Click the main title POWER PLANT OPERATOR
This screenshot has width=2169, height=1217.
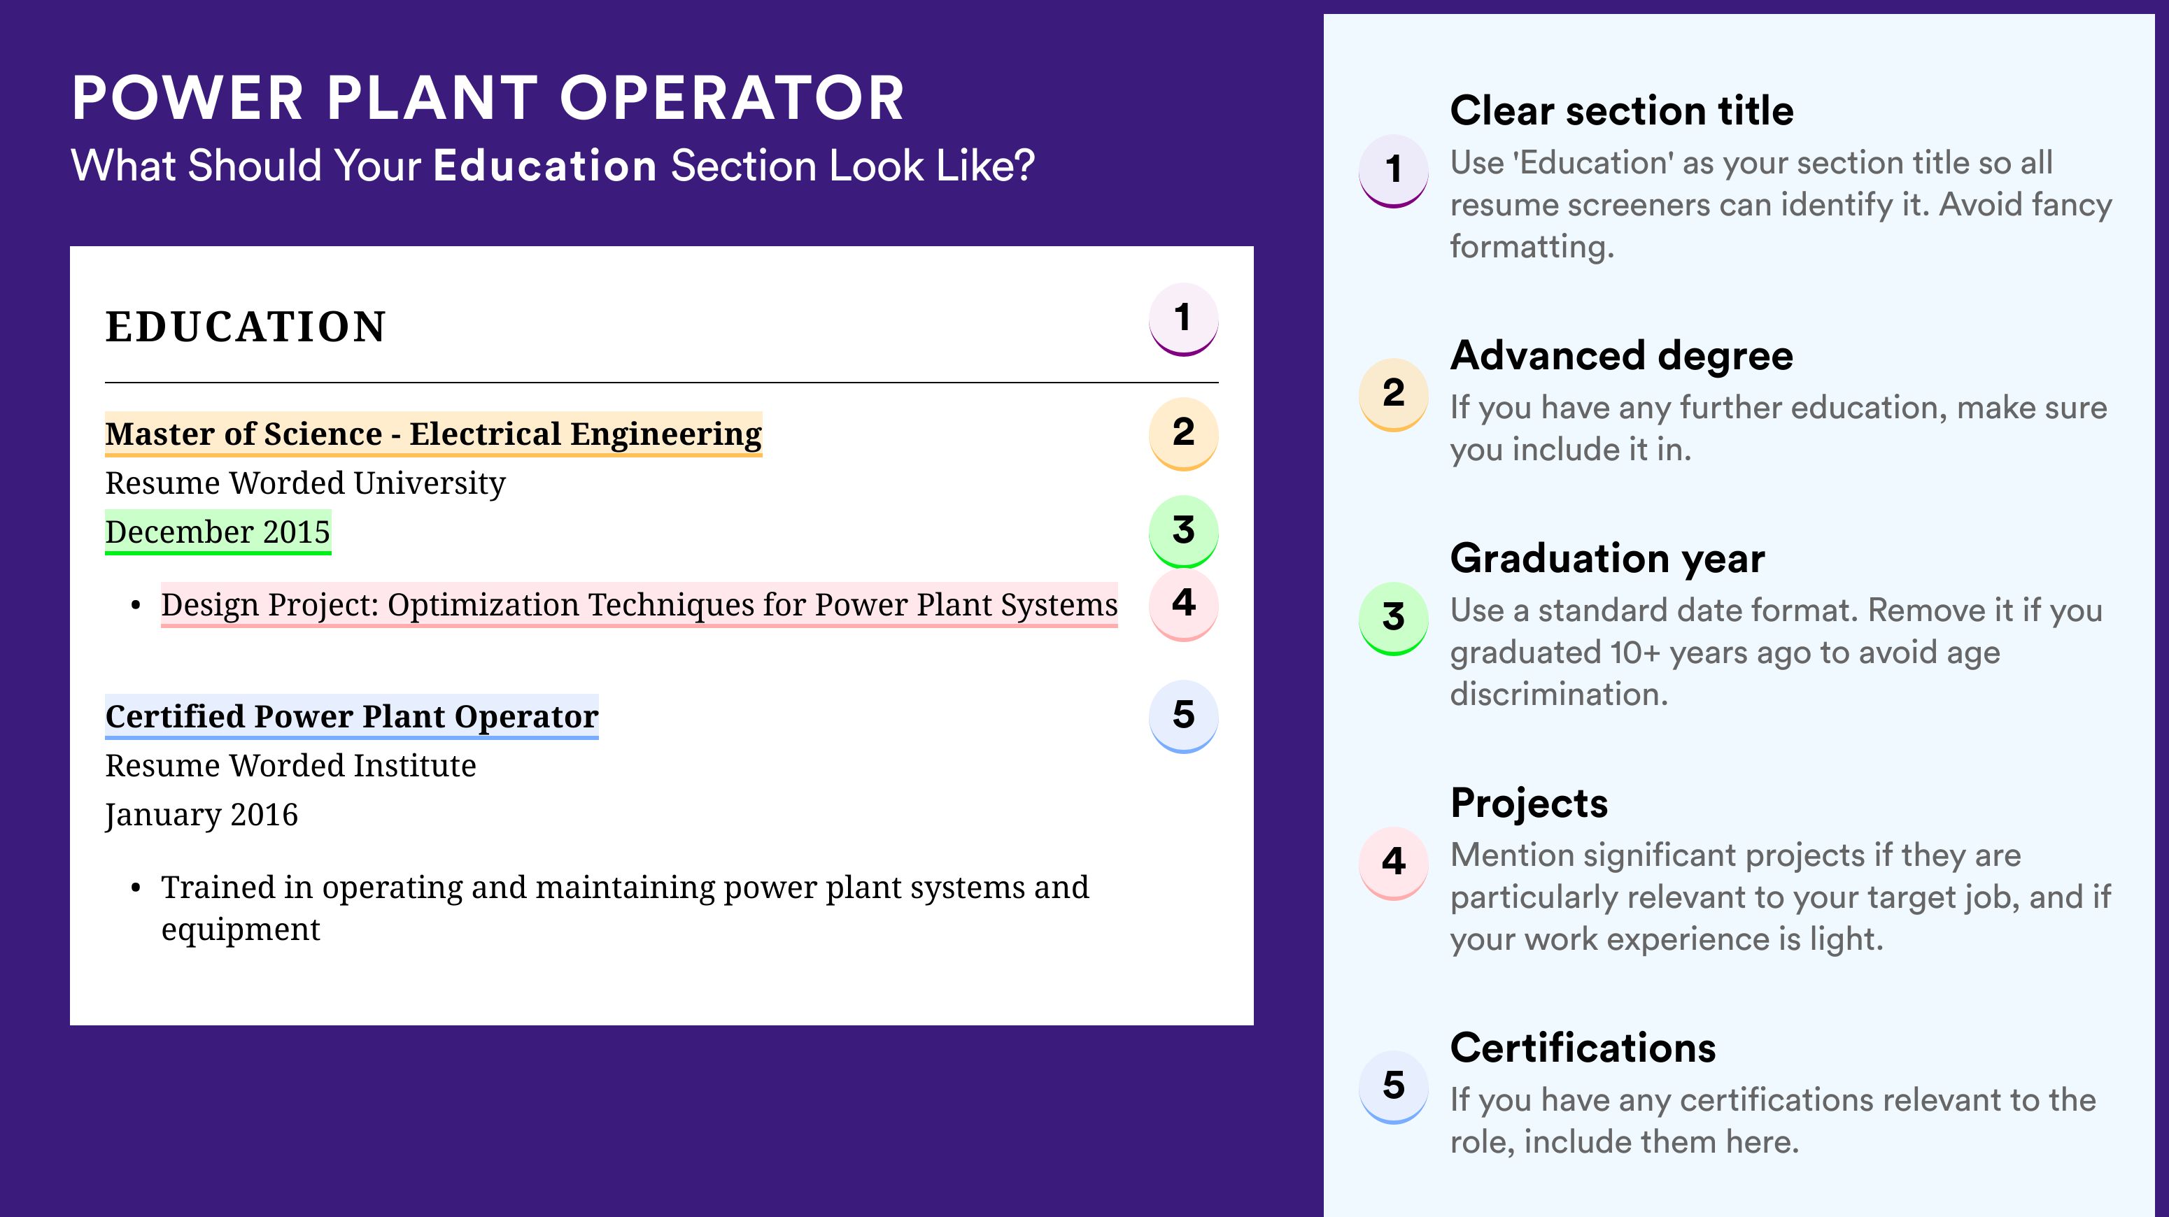[488, 98]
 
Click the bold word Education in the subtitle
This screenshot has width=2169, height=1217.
[545, 165]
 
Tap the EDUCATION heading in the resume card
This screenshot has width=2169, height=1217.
[245, 327]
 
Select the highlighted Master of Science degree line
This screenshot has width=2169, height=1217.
[434, 434]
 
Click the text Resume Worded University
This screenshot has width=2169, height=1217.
[305, 483]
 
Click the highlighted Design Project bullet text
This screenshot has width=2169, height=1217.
[639, 604]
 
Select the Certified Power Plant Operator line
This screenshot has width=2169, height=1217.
[352, 716]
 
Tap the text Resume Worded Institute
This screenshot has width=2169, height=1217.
[290, 766]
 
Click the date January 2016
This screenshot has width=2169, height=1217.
[202, 815]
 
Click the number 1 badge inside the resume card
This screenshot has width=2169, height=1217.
[1184, 319]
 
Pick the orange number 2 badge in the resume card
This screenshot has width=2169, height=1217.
[1184, 433]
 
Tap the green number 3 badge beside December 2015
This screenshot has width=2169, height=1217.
[1184, 531]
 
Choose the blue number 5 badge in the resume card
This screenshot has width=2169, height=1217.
[1184, 716]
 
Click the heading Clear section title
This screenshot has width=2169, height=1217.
[1622, 111]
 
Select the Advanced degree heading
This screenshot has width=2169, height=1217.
[1622, 356]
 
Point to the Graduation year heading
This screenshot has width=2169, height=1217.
[1607, 558]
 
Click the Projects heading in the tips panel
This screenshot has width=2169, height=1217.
[1529, 803]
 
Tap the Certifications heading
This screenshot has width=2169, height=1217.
[1583, 1048]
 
